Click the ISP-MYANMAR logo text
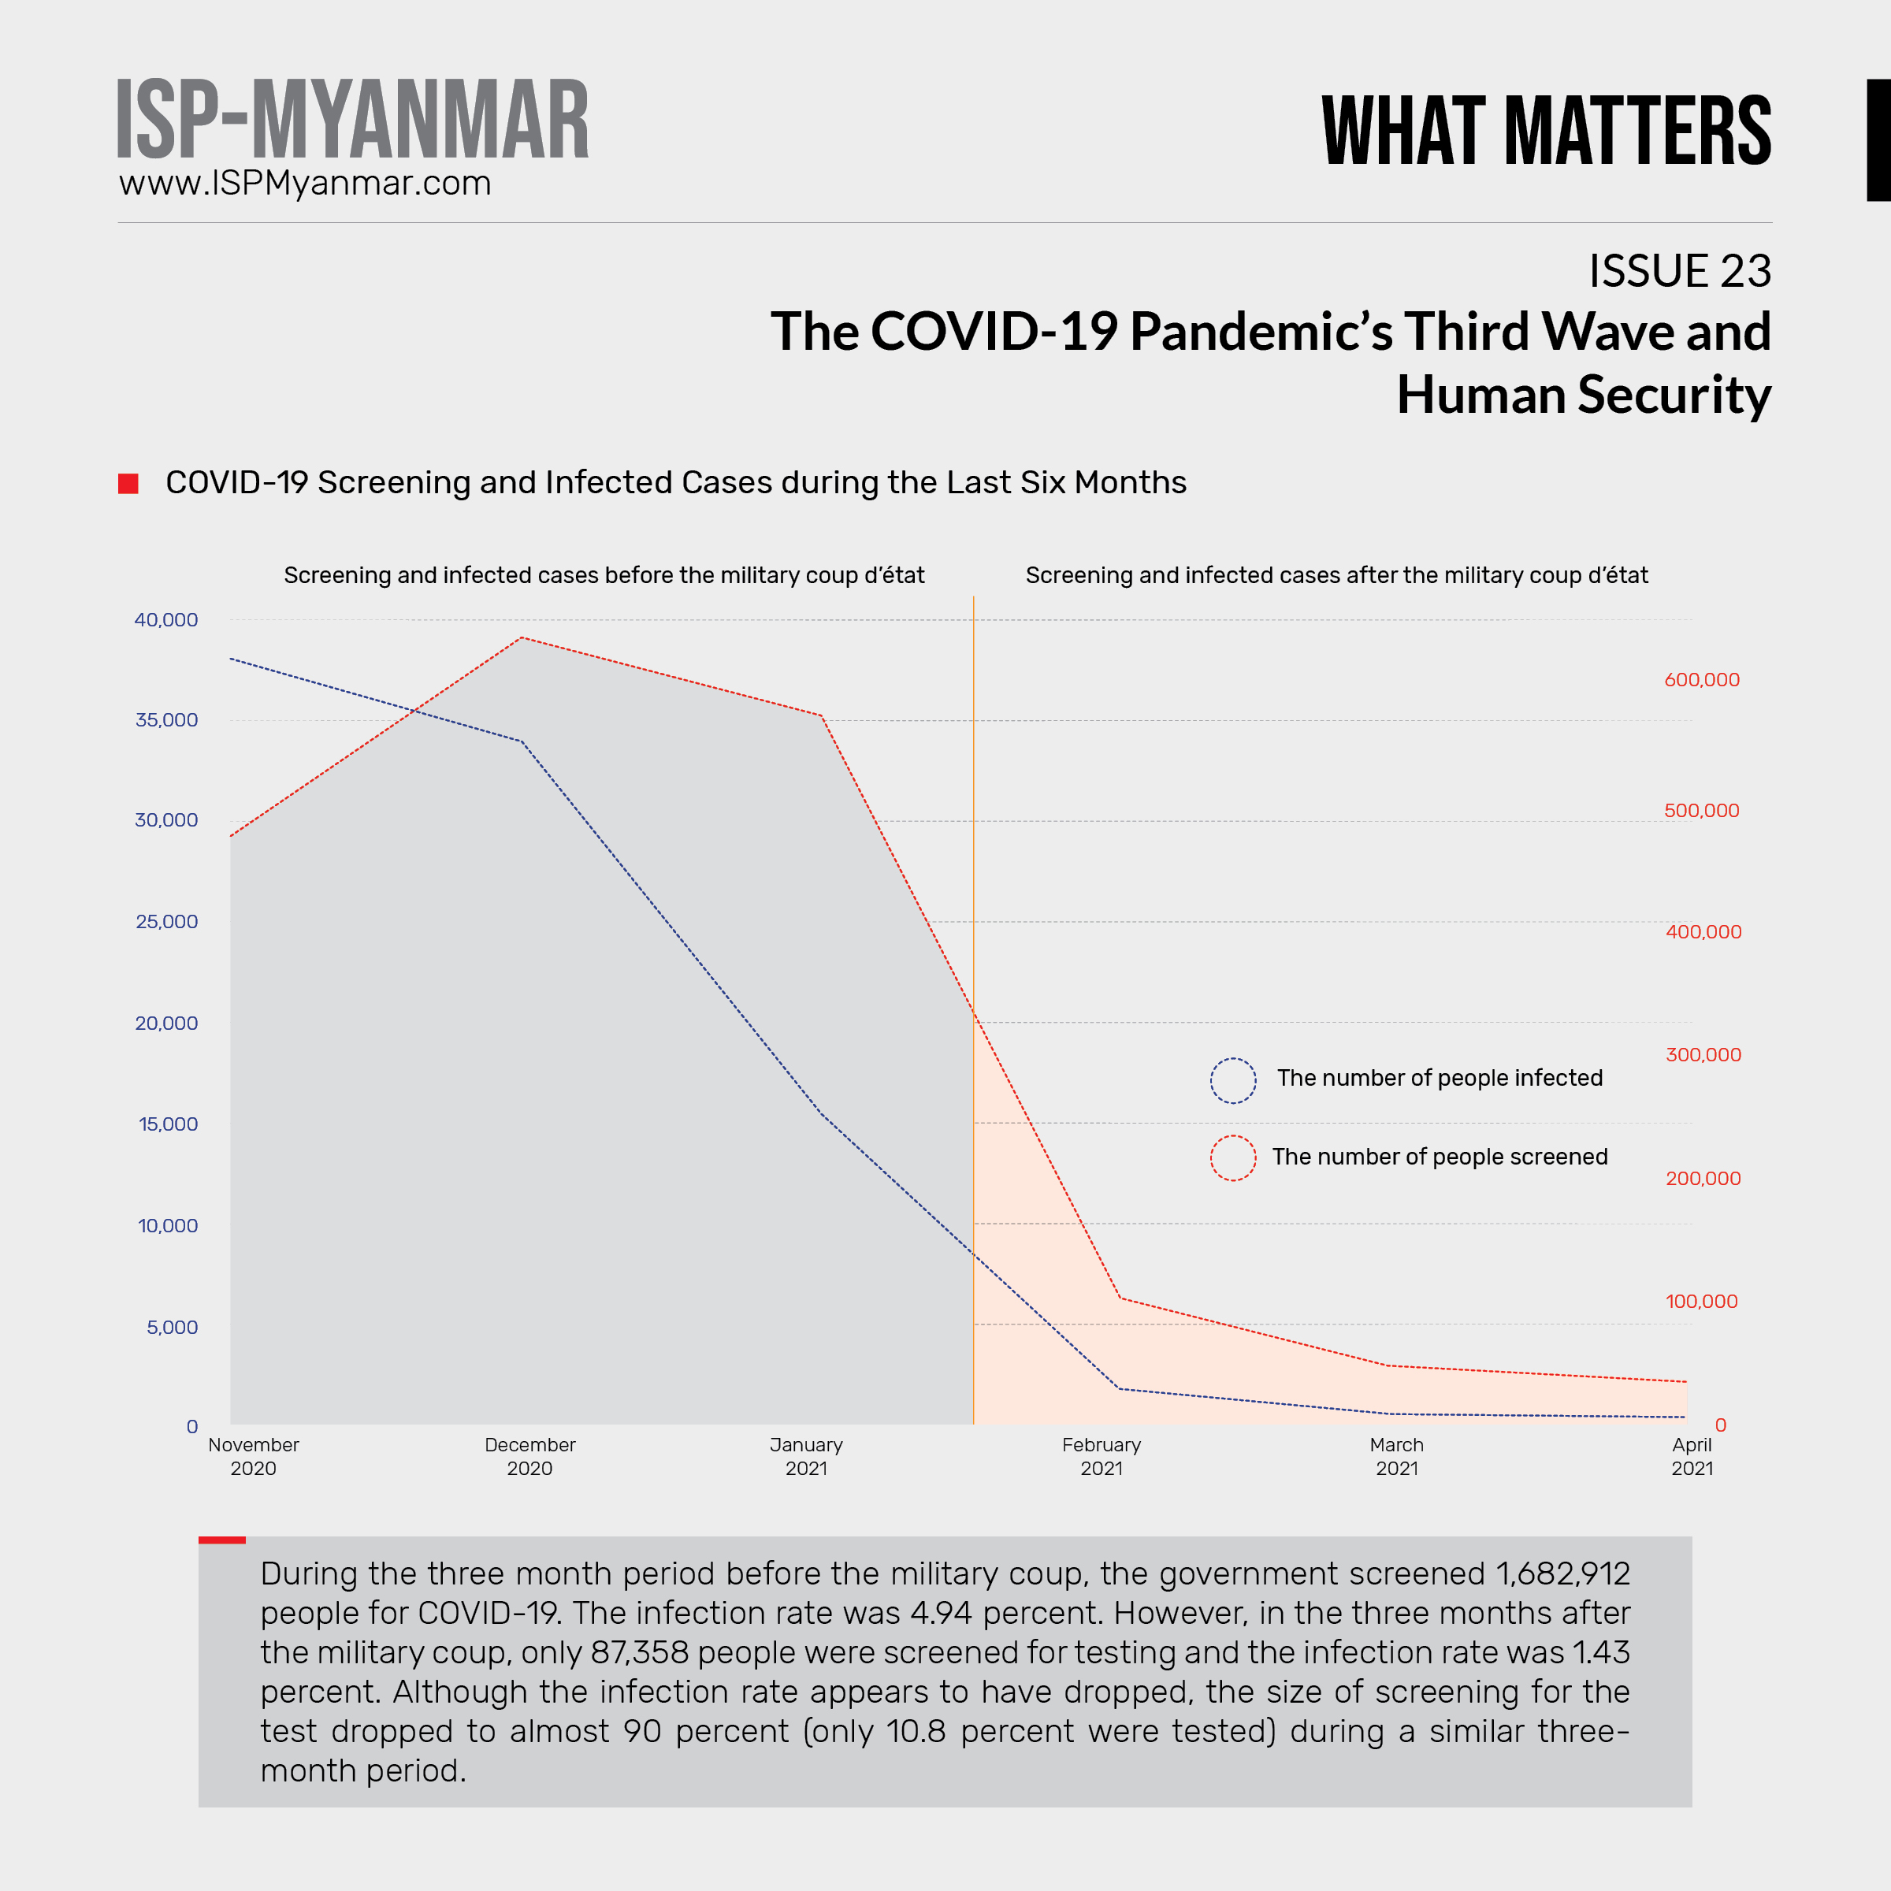pyautogui.click(x=352, y=120)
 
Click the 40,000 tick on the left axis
pyautogui.click(x=165, y=619)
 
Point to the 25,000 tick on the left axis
pyautogui.click(x=166, y=921)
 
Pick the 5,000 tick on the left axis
pyautogui.click(x=173, y=1327)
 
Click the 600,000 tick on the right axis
pyautogui.click(x=1701, y=679)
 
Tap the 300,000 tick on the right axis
pyautogui.click(x=1703, y=1054)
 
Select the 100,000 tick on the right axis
pyautogui.click(x=1701, y=1301)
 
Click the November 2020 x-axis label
pyautogui.click(x=254, y=1456)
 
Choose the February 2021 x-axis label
pyautogui.click(x=1102, y=1456)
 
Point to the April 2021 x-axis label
pyautogui.click(x=1692, y=1456)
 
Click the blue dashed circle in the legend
pyautogui.click(x=1232, y=1080)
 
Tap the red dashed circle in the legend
pyautogui.click(x=1232, y=1158)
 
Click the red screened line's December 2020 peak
pyautogui.click(x=522, y=637)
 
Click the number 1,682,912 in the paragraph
pyautogui.click(x=1562, y=1574)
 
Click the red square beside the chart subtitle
pyautogui.click(x=128, y=484)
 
